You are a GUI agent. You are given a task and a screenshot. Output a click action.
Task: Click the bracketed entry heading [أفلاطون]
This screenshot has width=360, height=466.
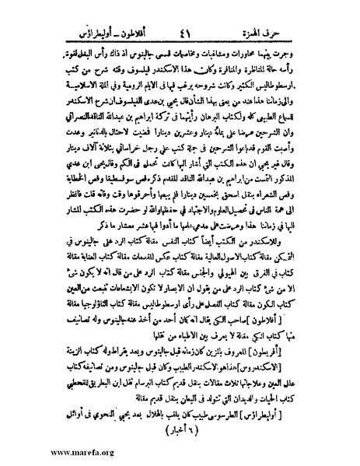click(312, 317)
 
